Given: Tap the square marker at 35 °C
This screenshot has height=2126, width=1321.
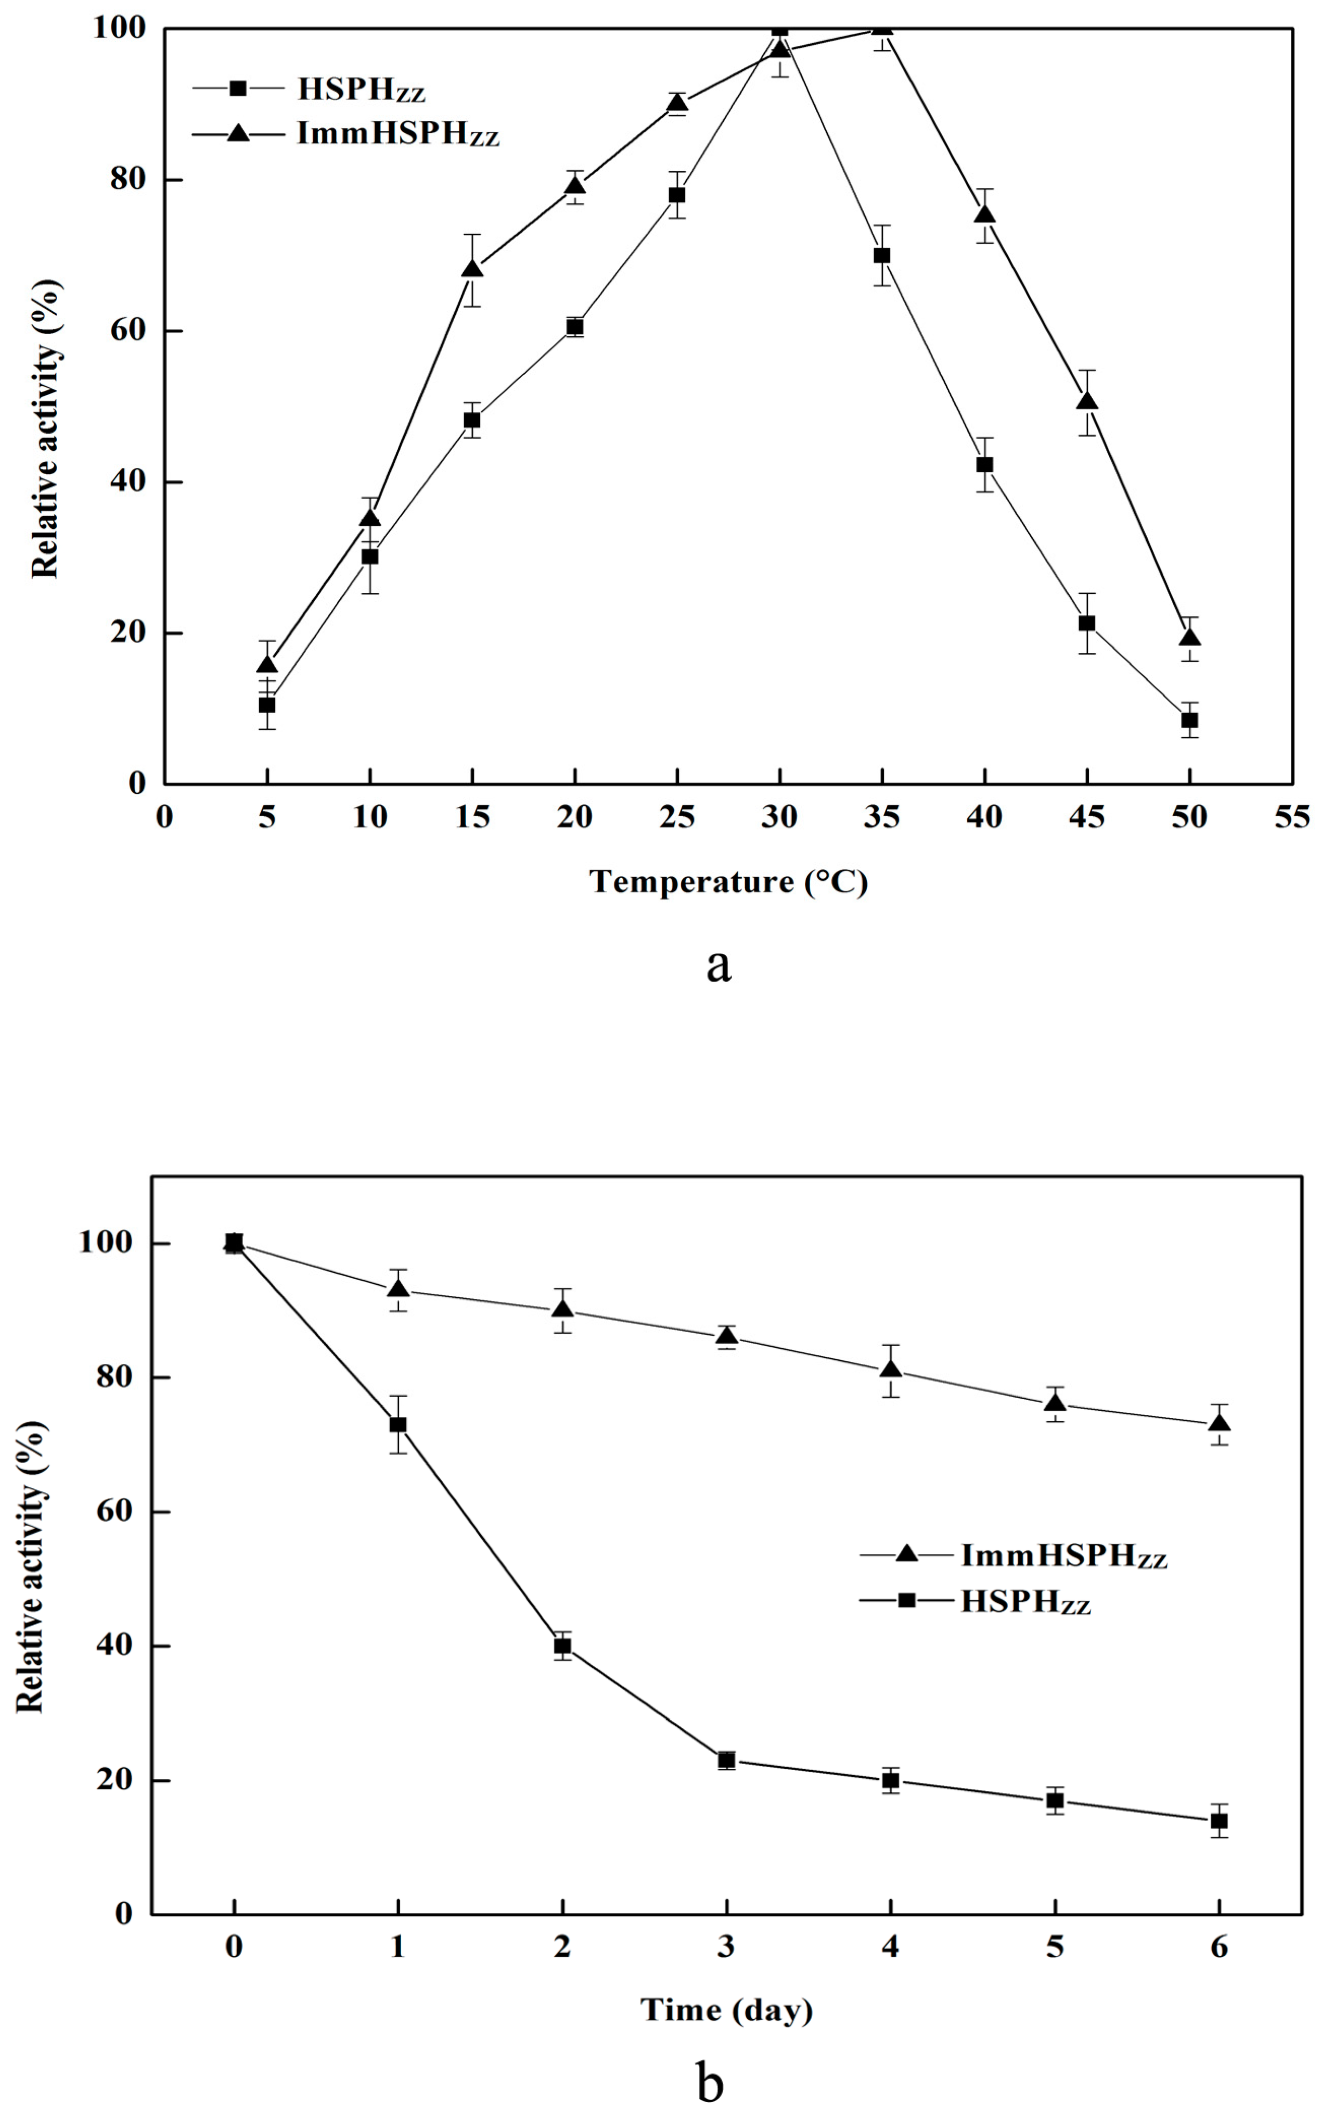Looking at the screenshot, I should pyautogui.click(x=882, y=255).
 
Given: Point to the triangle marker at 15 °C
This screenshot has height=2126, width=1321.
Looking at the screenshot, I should pyautogui.click(x=472, y=269).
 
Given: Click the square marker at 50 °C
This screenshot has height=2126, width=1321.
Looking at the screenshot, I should pyautogui.click(x=1189, y=720).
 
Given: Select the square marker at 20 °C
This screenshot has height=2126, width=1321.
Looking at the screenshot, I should pyautogui.click(x=575, y=327).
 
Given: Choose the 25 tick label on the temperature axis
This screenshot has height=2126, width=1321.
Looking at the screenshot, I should pyautogui.click(x=677, y=817).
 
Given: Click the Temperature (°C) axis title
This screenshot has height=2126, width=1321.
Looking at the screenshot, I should pyautogui.click(x=728, y=882).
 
